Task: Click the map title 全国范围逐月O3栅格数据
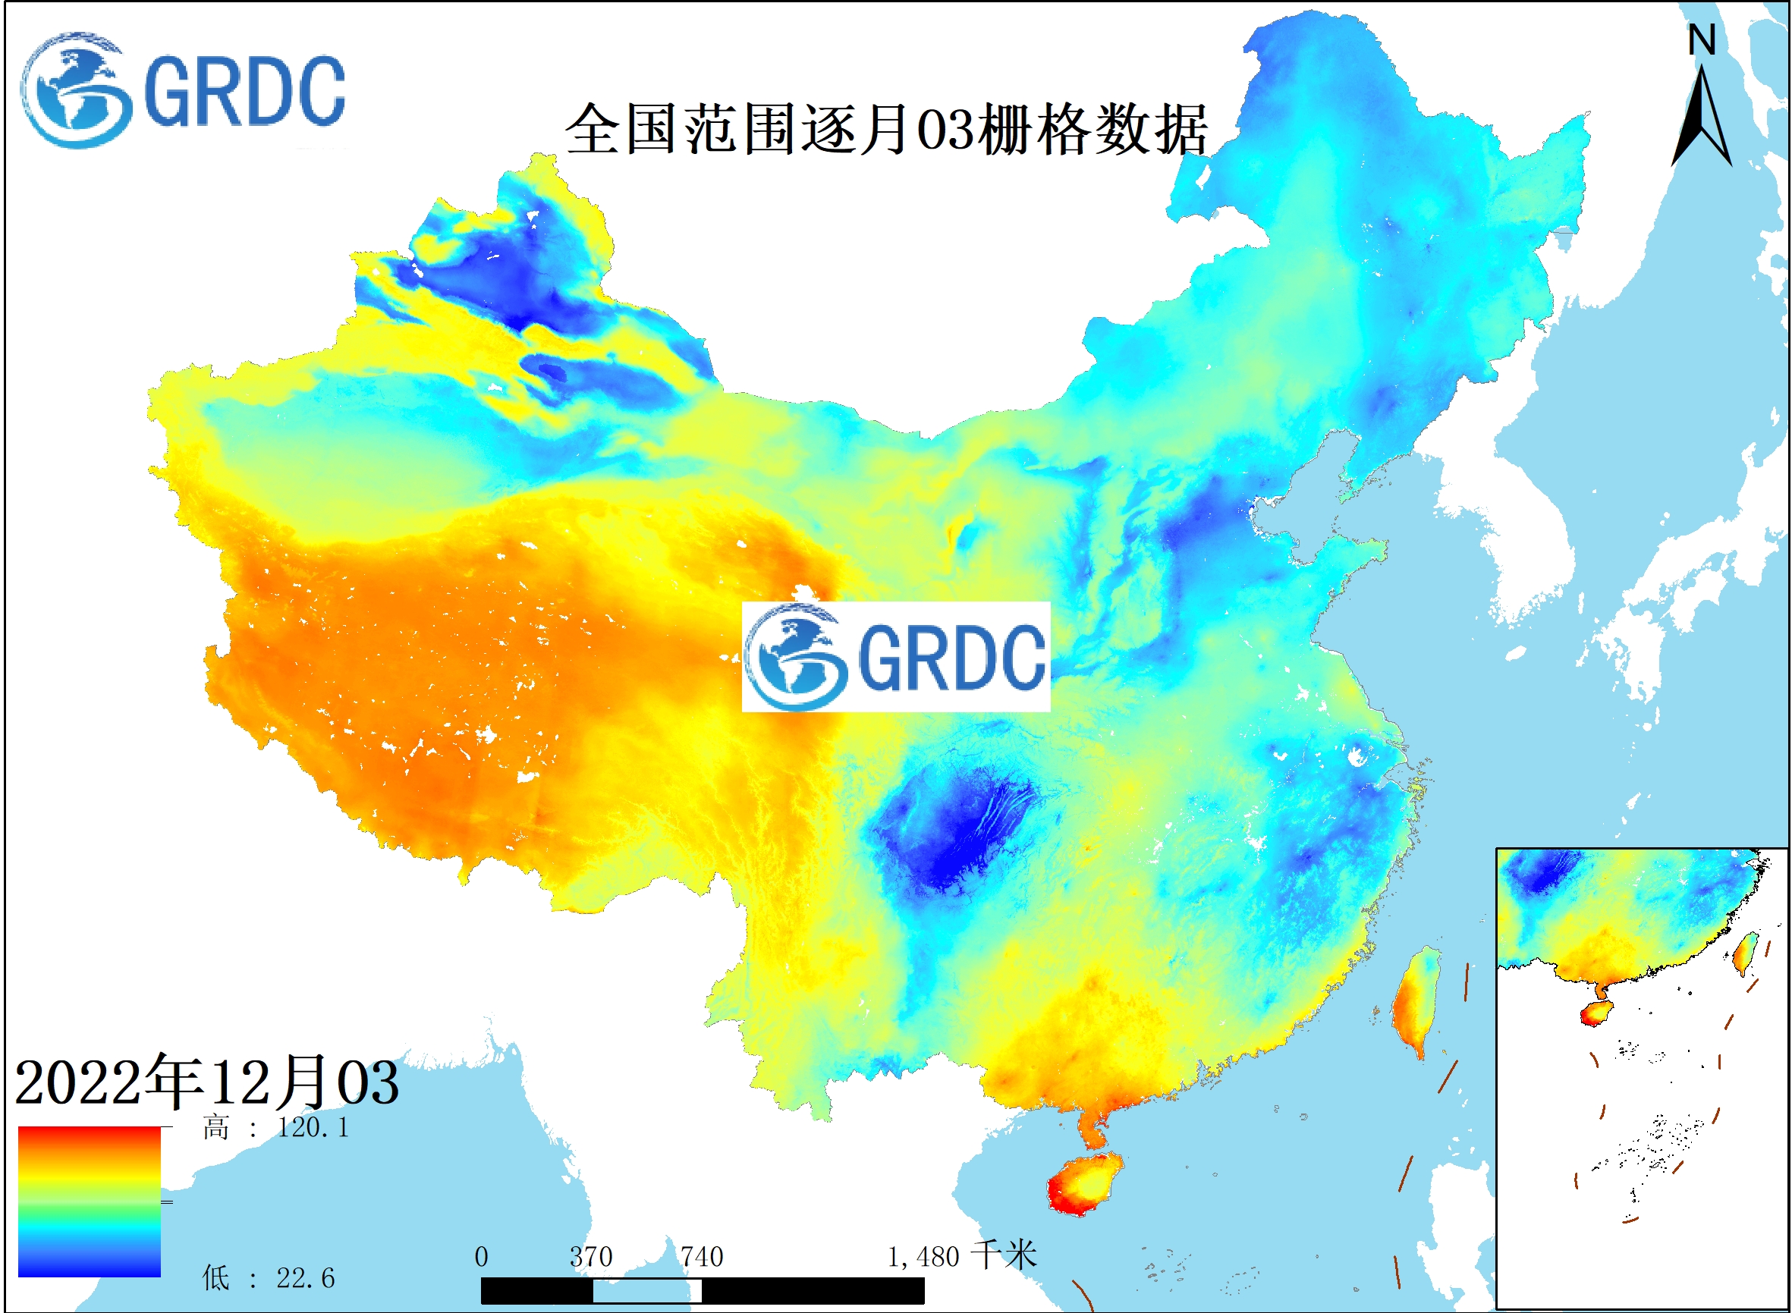coord(886,129)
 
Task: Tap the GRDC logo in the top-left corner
coord(183,90)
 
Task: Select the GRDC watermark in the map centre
coord(896,657)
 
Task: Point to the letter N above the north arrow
coord(1702,40)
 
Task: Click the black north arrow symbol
coord(1702,119)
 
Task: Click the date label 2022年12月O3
coord(206,1082)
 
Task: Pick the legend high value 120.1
coord(313,1128)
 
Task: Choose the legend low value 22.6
coord(305,1278)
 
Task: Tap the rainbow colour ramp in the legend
coord(89,1201)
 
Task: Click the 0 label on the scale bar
coord(481,1258)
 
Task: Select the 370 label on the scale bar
coord(591,1258)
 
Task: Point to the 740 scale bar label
coord(701,1258)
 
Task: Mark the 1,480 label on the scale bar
coord(923,1258)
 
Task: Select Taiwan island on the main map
coord(1415,1001)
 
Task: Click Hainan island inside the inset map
coord(1595,1014)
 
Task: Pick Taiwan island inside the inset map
coord(1745,953)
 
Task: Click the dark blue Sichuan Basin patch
coord(954,834)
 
